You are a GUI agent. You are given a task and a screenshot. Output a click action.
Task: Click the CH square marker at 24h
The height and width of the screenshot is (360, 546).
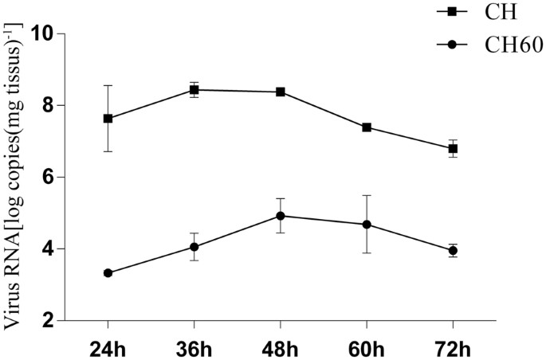[108, 119]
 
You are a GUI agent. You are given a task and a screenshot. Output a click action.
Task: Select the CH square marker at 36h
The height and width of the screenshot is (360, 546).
[194, 90]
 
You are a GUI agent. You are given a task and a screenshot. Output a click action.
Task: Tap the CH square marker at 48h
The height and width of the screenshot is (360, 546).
[281, 92]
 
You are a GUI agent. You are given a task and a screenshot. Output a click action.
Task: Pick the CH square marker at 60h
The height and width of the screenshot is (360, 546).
[367, 127]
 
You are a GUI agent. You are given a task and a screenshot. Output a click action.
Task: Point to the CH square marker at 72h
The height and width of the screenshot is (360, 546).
[453, 149]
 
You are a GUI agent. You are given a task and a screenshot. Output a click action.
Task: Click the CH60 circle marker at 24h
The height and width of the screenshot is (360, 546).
[108, 273]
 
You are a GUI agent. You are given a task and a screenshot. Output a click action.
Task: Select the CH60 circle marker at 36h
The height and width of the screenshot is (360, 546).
[194, 247]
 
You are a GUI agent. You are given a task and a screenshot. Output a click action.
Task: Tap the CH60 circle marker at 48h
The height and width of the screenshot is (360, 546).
[281, 216]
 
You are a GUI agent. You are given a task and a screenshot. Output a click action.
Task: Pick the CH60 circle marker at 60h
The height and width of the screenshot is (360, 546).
[367, 225]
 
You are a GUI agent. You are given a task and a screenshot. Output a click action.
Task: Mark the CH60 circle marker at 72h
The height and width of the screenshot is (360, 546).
[453, 250]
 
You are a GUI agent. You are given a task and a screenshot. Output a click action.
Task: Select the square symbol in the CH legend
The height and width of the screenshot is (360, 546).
[452, 12]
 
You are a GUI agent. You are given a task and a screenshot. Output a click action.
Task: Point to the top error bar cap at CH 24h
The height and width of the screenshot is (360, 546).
[108, 85]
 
